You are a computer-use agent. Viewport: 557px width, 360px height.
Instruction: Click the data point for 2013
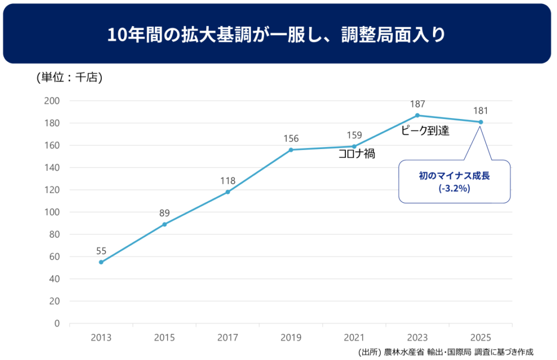[101, 262]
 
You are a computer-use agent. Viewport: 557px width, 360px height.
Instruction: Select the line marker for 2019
[291, 150]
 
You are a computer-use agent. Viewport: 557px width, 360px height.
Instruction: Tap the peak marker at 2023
[417, 115]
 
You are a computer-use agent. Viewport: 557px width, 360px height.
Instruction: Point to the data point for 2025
[481, 122]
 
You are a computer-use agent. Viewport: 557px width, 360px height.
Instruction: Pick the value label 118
[227, 181]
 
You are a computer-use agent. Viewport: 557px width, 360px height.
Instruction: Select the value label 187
[417, 104]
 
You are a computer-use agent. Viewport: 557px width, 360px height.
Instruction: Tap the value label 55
[101, 251]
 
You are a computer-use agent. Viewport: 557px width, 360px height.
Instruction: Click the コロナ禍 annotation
[356, 154]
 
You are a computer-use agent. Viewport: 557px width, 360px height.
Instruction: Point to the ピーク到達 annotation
[425, 131]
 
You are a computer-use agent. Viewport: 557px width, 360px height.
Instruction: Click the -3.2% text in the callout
[454, 189]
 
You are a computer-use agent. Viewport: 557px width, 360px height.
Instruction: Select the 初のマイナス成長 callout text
[454, 176]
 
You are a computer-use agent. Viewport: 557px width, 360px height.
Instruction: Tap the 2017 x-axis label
[227, 338]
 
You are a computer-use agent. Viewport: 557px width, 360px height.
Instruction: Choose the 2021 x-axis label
[354, 338]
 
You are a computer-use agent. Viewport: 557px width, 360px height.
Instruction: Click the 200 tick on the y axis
[52, 101]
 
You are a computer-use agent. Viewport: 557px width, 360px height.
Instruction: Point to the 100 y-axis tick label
[52, 212]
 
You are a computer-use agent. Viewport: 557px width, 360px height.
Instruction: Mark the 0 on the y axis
[57, 324]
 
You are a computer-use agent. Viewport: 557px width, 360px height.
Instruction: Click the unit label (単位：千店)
[70, 78]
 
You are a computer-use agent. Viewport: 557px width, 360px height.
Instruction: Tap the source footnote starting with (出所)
[446, 351]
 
